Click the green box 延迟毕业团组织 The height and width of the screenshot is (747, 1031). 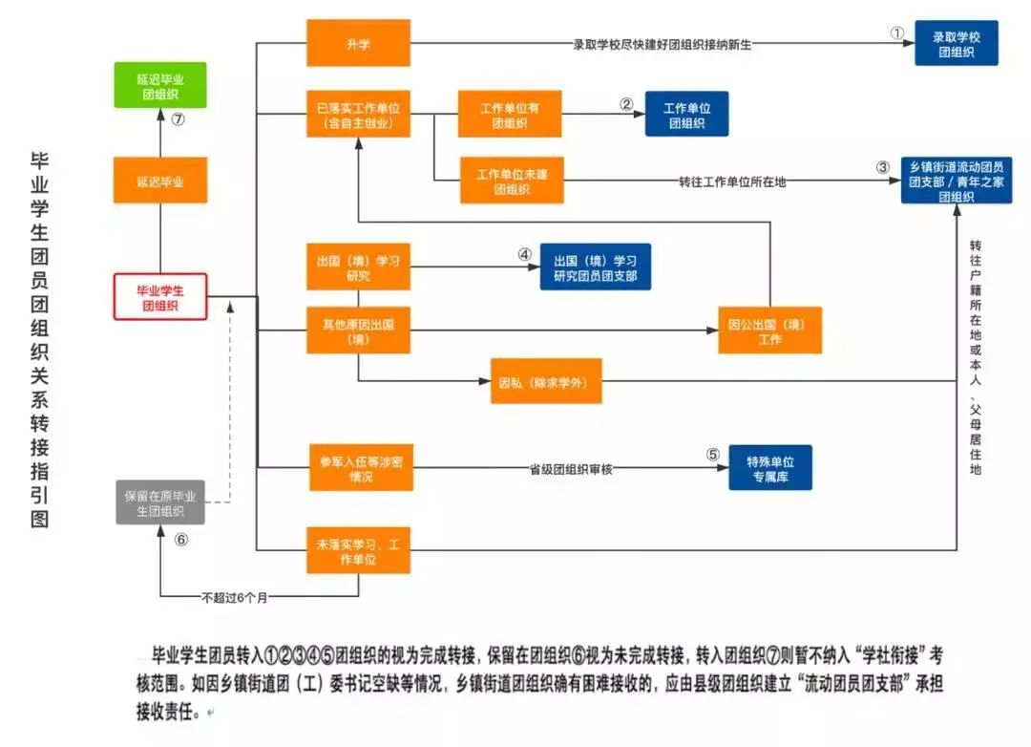pos(160,85)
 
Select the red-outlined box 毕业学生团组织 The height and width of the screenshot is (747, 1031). pos(160,296)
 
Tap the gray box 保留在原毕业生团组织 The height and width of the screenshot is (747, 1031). pos(160,502)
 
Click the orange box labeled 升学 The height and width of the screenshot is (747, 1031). pos(358,43)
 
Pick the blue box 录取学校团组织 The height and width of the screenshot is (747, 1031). pos(956,43)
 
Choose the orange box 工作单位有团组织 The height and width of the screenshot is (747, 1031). pos(510,114)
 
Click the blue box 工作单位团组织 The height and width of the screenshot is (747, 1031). pos(686,114)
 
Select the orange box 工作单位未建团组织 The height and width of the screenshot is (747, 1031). pos(511,180)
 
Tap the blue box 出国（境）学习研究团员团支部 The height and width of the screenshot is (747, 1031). pos(595,267)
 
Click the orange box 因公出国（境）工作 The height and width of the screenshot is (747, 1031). pos(769,331)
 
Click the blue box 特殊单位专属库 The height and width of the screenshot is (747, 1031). pos(770,467)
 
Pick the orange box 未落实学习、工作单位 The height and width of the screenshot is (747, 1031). pos(357,550)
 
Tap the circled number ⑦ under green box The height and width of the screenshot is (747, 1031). pos(178,119)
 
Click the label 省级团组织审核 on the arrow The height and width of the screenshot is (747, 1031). pos(570,469)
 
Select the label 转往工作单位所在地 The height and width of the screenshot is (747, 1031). pos(732,181)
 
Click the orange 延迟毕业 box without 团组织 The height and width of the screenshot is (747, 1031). pos(160,181)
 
